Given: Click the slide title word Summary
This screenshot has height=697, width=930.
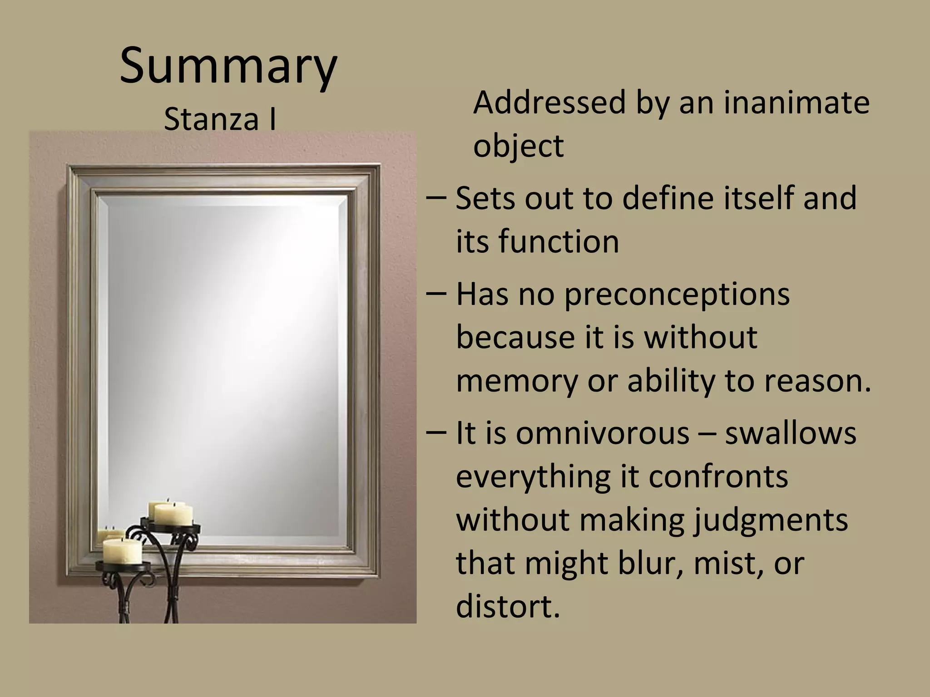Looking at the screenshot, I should point(228,67).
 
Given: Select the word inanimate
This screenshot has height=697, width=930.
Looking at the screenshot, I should point(796,103).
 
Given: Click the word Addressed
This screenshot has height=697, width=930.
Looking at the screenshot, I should point(549,103).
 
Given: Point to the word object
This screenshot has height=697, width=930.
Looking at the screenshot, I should point(518,146).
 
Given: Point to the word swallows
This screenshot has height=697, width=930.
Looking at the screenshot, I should point(790,433).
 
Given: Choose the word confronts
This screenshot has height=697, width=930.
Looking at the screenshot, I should point(718,476).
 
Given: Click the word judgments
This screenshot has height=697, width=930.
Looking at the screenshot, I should point(770,520).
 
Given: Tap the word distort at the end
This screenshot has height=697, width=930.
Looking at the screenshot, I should point(508,606).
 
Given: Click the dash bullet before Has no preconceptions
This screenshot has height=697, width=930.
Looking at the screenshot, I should point(436,294).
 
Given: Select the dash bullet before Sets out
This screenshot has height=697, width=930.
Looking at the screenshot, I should point(436,198).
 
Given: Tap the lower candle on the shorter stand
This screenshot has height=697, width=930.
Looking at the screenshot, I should point(122,551).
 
